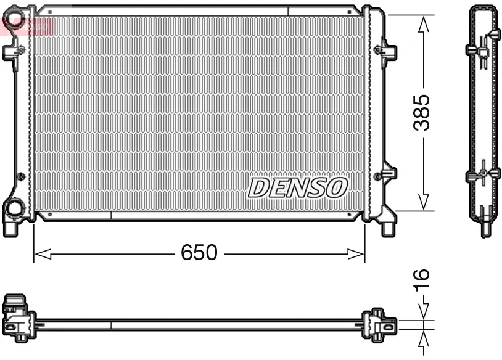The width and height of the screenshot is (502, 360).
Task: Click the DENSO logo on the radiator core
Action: click(298, 187)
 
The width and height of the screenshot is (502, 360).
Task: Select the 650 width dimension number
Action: click(199, 253)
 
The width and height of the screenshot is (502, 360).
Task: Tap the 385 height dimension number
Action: click(422, 113)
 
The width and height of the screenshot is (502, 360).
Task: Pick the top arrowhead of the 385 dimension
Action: click(423, 23)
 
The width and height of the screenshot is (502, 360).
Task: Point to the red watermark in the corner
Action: click(28, 25)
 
